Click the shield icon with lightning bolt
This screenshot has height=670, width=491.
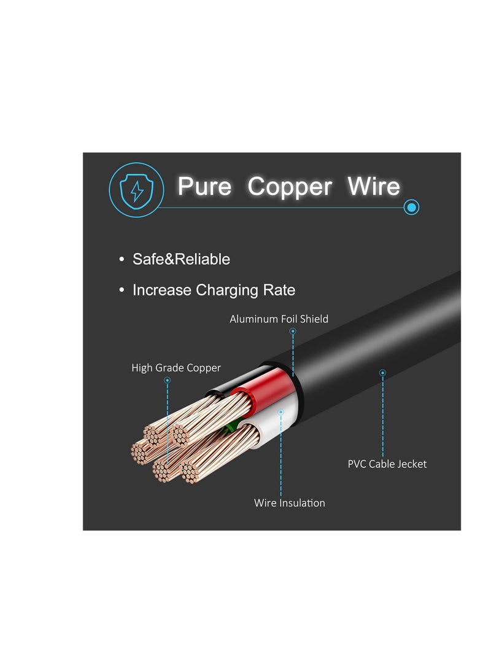click(x=136, y=188)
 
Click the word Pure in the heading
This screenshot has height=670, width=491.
click(x=204, y=186)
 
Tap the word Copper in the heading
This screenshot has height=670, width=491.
click(x=290, y=186)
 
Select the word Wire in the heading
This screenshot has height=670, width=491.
click(x=374, y=186)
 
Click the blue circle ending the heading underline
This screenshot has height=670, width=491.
click(x=412, y=208)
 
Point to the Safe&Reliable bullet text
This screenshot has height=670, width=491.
click(x=181, y=259)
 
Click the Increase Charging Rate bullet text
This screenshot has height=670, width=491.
click(x=214, y=290)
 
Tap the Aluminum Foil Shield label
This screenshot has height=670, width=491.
click(x=279, y=319)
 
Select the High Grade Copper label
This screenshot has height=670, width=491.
click(x=176, y=368)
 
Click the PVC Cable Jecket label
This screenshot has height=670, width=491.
click(x=387, y=464)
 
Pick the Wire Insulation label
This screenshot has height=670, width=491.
click(x=290, y=503)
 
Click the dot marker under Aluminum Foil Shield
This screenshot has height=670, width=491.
click(x=293, y=331)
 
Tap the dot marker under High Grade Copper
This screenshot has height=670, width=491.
click(x=167, y=380)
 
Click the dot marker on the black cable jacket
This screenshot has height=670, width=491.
click(x=382, y=372)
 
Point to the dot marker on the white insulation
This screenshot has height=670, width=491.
click(x=280, y=411)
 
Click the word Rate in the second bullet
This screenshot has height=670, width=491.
click(x=280, y=290)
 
